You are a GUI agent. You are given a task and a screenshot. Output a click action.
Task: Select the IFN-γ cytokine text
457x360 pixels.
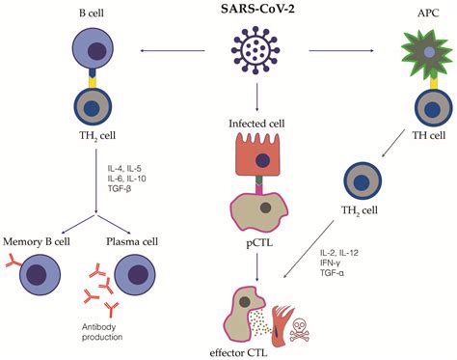coord(332,263)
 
